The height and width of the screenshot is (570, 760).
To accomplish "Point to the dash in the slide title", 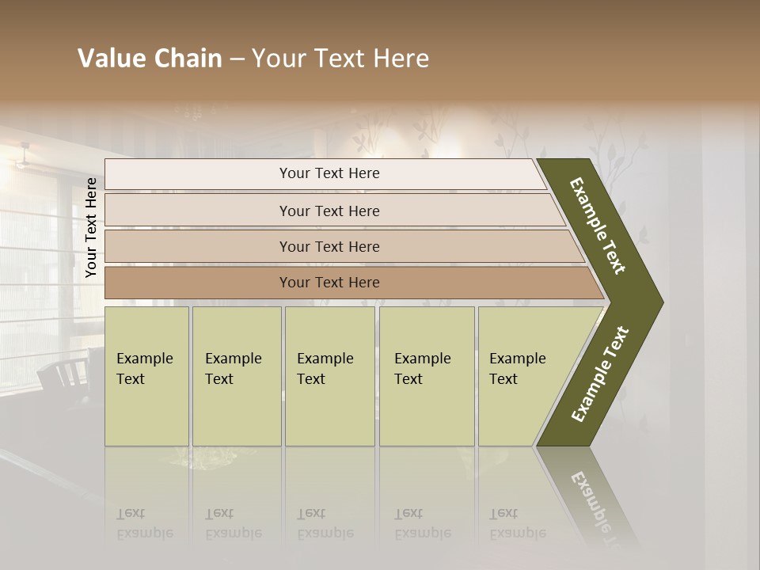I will [236, 59].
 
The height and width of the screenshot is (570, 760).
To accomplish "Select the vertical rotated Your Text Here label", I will [91, 227].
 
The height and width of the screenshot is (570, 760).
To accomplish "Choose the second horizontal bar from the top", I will [329, 211].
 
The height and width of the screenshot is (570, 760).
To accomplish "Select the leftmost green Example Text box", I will [146, 376].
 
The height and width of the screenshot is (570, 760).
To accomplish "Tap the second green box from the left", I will [237, 376].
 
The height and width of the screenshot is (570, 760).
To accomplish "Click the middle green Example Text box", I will [329, 376].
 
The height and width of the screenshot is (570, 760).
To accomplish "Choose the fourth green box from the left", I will [427, 376].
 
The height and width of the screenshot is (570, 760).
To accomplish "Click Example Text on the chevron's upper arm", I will [598, 226].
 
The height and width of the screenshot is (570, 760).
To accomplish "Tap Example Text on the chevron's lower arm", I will [600, 374].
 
